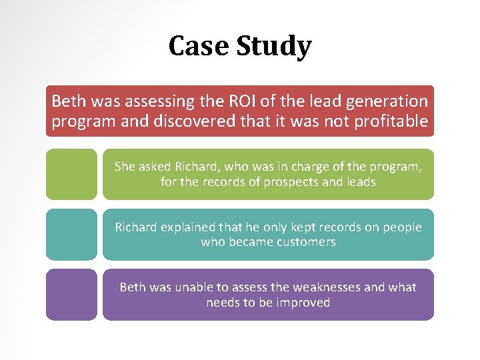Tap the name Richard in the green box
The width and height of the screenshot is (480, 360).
195,166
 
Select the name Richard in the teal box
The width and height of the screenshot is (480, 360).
138,227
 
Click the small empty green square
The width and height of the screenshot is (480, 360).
71,174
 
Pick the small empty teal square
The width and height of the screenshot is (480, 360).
71,235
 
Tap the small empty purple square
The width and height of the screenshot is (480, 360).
71,295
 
